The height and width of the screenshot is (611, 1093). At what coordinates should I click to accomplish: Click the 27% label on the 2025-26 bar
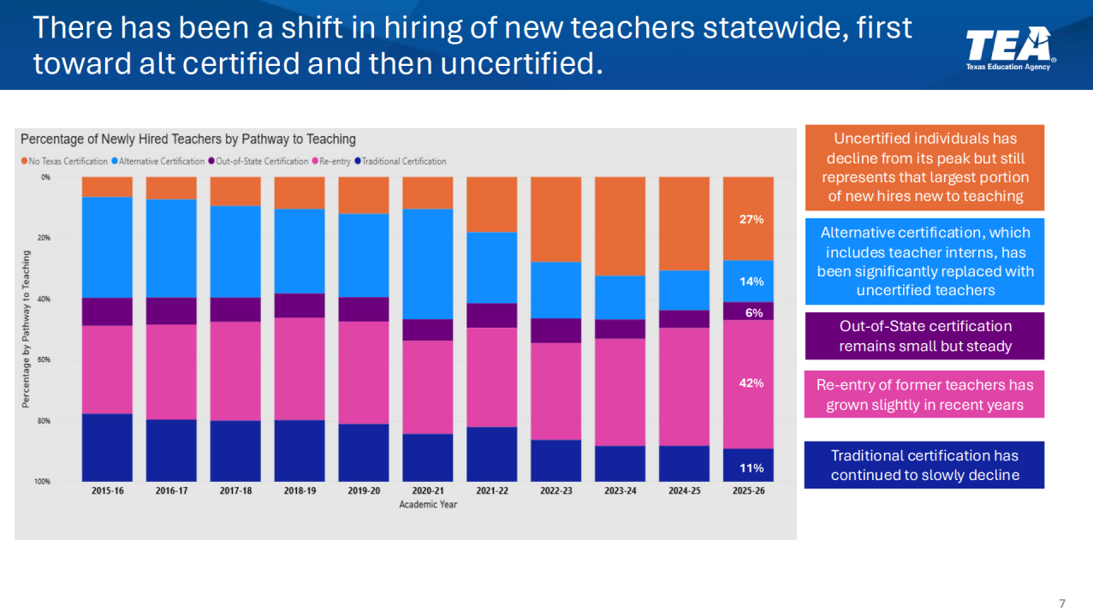[751, 219]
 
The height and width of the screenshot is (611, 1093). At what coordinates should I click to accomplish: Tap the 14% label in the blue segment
[751, 282]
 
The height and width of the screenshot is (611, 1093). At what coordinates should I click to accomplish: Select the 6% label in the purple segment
[753, 313]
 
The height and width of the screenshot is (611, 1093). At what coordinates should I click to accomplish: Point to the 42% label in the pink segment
[751, 383]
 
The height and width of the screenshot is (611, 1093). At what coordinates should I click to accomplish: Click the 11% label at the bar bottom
[751, 468]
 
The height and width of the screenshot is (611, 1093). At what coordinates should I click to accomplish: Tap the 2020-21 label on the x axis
[428, 492]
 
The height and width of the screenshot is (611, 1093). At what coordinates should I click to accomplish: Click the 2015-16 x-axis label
[107, 492]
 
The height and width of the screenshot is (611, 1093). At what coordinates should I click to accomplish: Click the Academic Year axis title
[428, 505]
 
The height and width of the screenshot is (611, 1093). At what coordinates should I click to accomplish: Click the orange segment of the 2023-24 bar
[621, 226]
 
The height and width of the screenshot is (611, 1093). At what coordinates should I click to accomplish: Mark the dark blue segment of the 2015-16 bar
[107, 448]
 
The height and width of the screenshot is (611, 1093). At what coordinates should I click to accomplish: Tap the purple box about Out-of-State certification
[924, 335]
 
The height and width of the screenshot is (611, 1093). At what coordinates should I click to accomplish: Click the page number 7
[1062, 603]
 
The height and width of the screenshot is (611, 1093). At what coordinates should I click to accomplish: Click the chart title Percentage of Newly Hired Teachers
[188, 139]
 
